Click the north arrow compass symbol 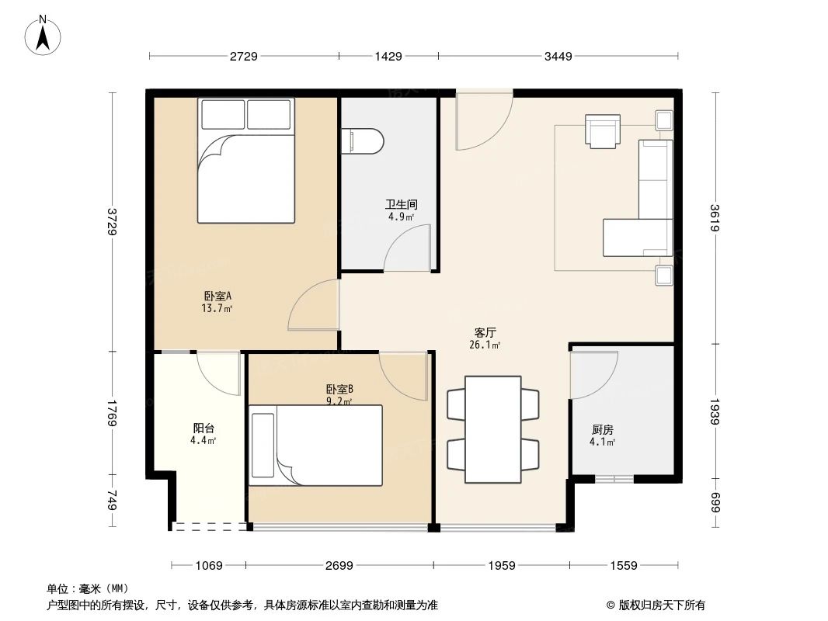(45, 34)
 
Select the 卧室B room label (339, 389)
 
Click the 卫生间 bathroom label (402, 205)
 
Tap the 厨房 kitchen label (603, 429)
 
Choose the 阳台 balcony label (204, 428)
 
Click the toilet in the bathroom (363, 141)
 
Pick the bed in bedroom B (316, 445)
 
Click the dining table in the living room (492, 429)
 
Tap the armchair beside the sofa (603, 130)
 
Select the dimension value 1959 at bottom (501, 565)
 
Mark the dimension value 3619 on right (715, 217)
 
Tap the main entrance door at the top (483, 120)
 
